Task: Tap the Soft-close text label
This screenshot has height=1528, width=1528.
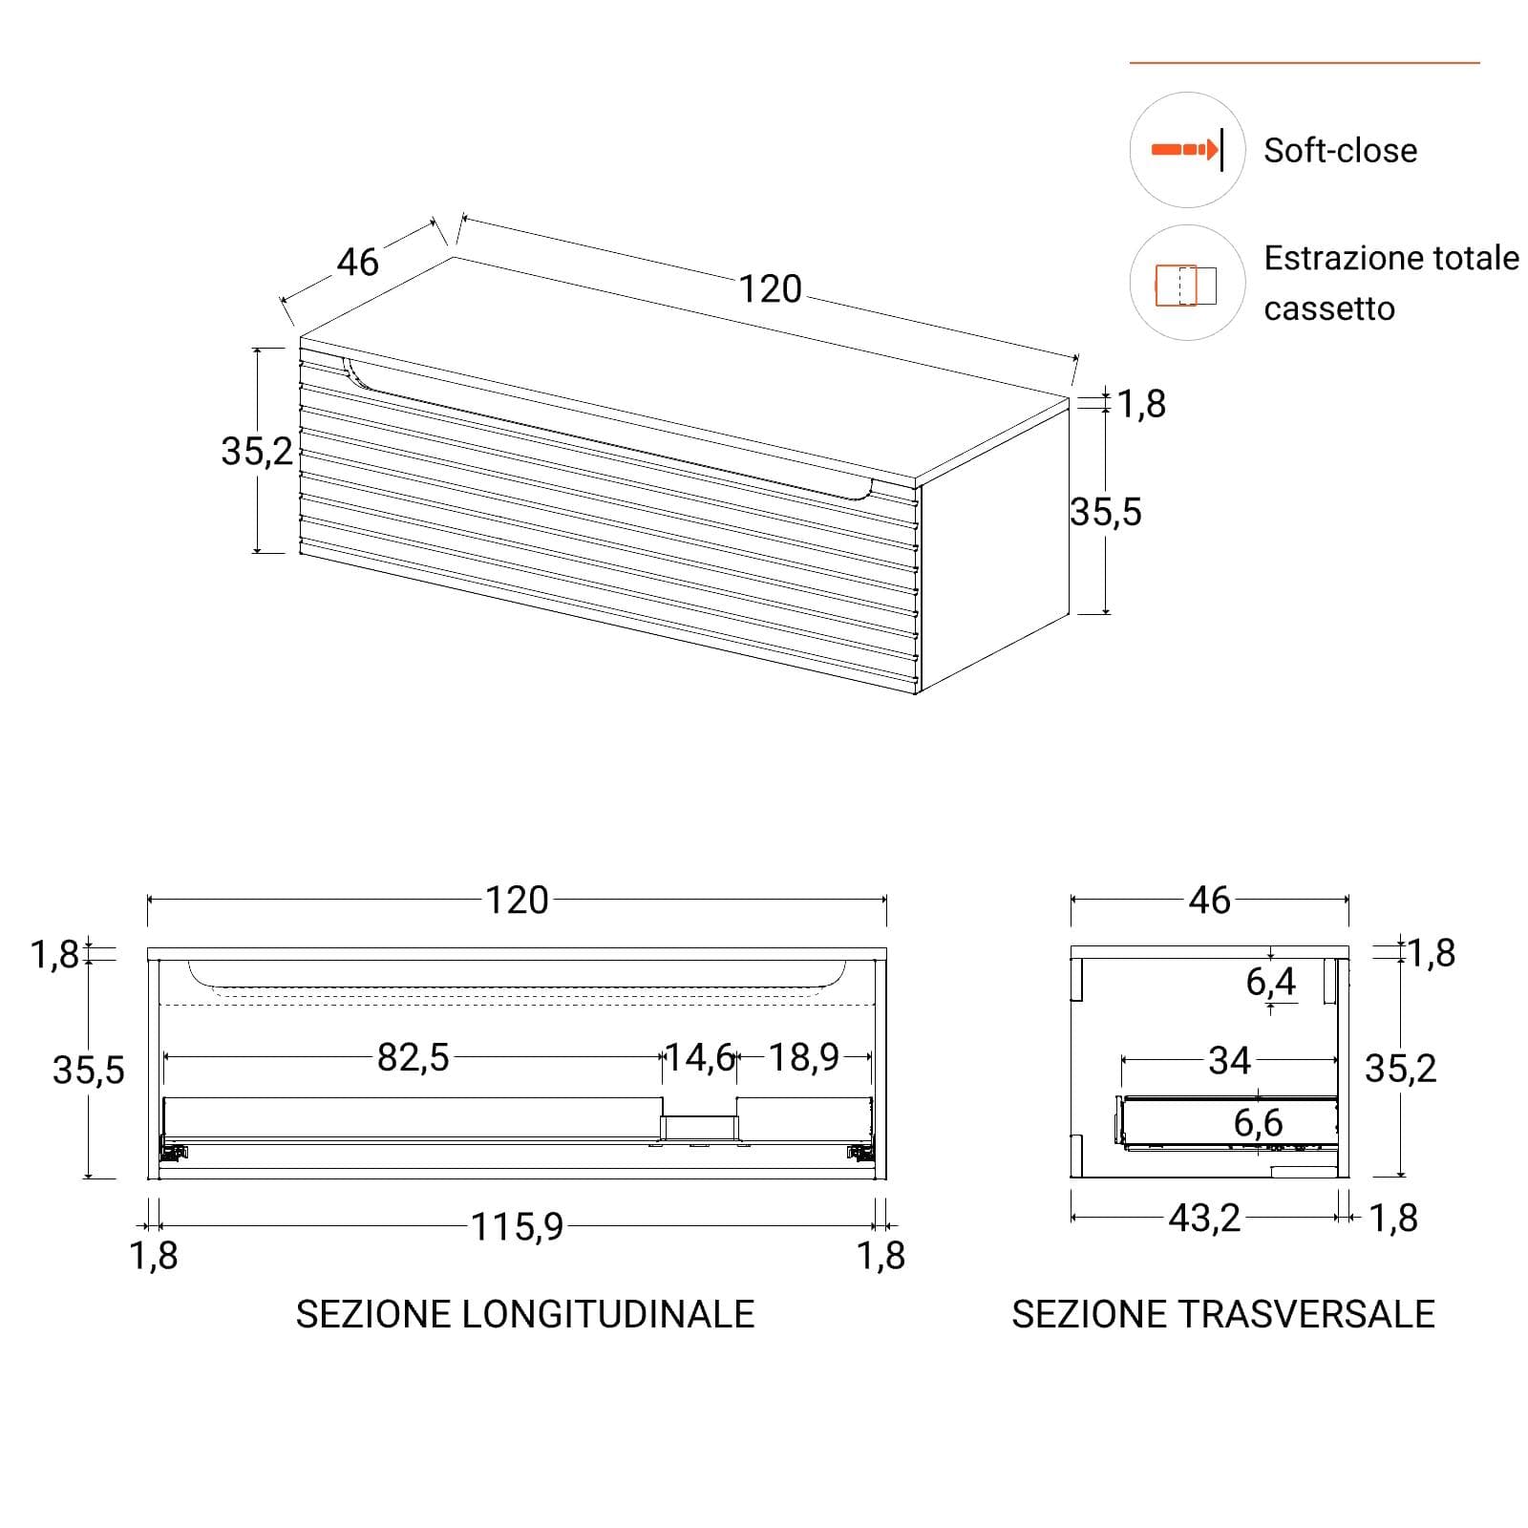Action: (1340, 151)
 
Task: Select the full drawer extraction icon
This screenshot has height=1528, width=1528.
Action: (1186, 285)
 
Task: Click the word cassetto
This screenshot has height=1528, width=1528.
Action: (1329, 309)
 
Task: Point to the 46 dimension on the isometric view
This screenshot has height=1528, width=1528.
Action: (358, 262)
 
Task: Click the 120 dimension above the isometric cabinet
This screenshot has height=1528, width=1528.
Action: (771, 289)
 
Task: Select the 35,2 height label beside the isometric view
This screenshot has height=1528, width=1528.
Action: (257, 451)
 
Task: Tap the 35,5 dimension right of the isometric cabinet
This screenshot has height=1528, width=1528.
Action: (1106, 513)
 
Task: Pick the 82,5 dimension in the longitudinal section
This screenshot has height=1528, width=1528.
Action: (413, 1057)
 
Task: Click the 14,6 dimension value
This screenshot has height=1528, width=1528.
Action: (699, 1057)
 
